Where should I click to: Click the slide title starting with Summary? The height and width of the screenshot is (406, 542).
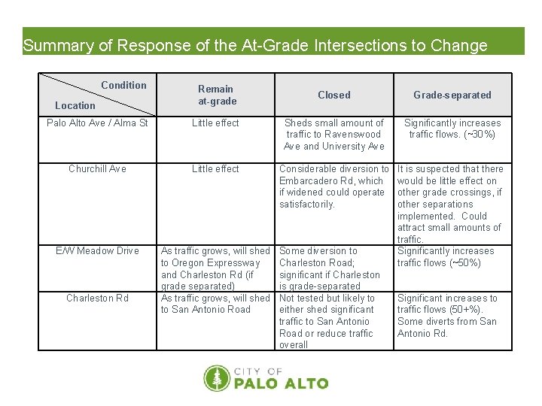[255, 45]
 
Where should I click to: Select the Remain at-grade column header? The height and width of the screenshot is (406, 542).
[217, 95]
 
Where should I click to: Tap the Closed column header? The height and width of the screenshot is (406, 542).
[334, 95]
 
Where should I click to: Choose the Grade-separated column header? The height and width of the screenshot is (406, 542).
[452, 95]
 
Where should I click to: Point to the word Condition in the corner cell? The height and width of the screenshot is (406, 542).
[123, 85]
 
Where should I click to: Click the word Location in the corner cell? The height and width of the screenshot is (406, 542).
[75, 105]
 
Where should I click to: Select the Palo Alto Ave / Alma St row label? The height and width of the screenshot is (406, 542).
[97, 123]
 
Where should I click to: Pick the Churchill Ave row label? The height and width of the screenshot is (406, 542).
[97, 168]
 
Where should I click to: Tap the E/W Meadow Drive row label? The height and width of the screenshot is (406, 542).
[97, 250]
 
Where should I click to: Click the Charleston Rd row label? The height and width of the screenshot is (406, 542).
[97, 298]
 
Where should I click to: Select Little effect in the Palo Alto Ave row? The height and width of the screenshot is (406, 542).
[215, 123]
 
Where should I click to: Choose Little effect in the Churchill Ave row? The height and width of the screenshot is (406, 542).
[215, 168]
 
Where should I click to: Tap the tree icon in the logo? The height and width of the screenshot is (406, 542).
[217, 378]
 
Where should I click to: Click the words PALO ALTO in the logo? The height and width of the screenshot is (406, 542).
[282, 383]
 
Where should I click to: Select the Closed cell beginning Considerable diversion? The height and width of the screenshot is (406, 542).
[334, 186]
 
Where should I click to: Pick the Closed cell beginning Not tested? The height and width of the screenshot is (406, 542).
[327, 321]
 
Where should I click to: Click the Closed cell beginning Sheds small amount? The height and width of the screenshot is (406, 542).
[334, 134]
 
